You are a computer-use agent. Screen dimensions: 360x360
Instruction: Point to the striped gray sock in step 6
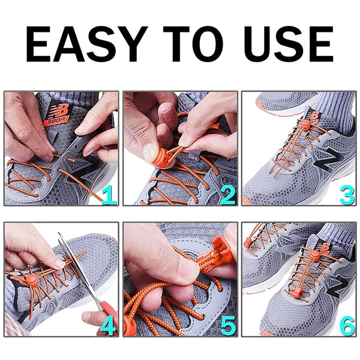click(340, 234)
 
